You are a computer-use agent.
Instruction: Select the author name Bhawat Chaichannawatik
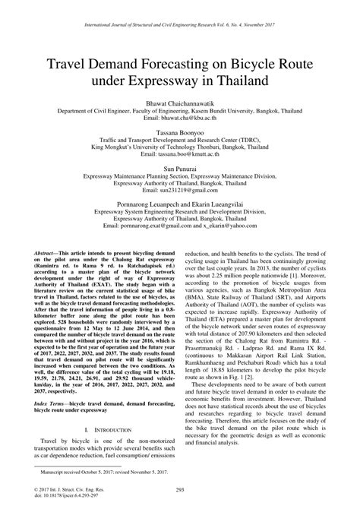[x=180, y=101]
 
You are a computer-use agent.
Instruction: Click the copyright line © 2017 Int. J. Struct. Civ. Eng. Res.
[x=68, y=487]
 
